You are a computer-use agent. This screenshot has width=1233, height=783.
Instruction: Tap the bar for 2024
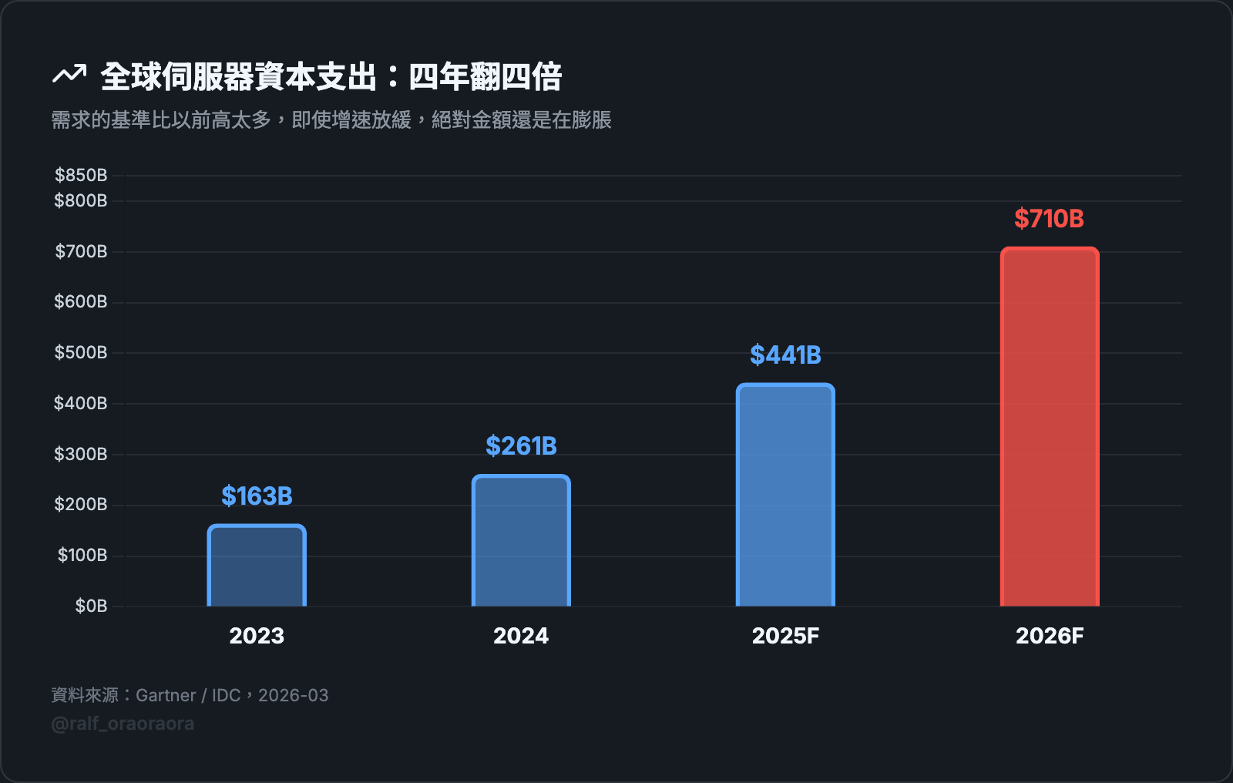point(521,540)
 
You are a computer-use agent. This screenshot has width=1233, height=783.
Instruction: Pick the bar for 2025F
point(785,495)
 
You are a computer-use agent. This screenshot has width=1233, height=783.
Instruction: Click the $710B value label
point(1049,219)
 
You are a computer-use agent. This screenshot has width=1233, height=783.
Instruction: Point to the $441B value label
point(785,355)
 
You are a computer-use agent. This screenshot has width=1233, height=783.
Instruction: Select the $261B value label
point(521,446)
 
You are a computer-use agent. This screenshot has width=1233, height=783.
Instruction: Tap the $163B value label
point(257,496)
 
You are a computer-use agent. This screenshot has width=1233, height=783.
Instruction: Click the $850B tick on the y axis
point(81,175)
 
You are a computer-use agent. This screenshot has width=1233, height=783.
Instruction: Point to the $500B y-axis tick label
point(81,353)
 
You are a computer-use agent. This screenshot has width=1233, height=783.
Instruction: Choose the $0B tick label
point(91,606)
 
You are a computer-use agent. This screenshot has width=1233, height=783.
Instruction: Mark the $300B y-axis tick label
point(81,454)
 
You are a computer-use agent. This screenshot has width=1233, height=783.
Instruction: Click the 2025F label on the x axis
point(785,636)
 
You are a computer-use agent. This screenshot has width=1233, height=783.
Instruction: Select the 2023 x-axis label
point(257,636)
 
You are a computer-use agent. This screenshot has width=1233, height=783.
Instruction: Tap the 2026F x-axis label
point(1050,636)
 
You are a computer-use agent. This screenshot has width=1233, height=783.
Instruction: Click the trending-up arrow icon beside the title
point(69,75)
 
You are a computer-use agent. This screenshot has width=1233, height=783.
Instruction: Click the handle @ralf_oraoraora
point(123,724)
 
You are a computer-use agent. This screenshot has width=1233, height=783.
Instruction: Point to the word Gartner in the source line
point(166,695)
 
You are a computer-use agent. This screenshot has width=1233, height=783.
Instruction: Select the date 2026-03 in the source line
point(294,695)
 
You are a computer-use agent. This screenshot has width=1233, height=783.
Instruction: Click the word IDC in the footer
point(227,695)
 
